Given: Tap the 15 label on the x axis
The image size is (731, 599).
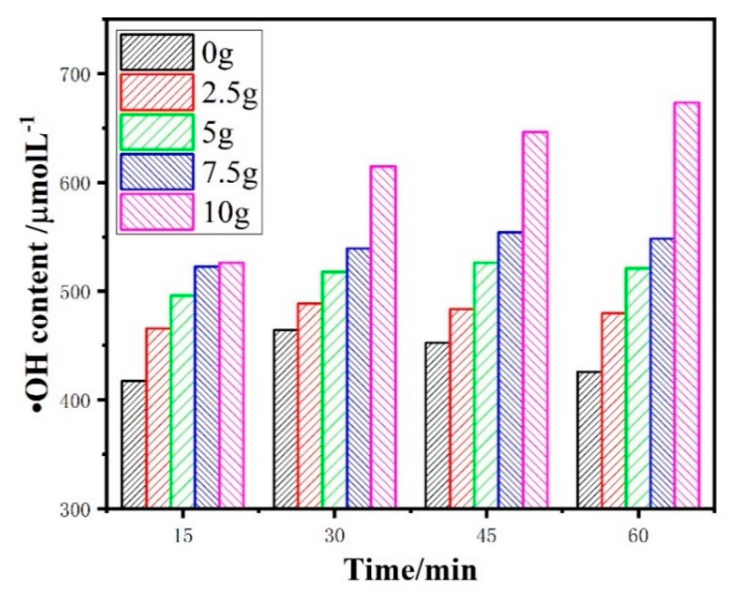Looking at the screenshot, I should coord(183,536).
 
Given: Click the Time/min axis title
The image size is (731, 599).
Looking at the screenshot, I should coord(410,570).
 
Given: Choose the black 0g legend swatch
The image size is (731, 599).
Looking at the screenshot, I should coord(157,52).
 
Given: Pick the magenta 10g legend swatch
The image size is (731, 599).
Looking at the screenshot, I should coord(157,212).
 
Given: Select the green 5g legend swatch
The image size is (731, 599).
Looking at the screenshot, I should coord(157,132).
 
